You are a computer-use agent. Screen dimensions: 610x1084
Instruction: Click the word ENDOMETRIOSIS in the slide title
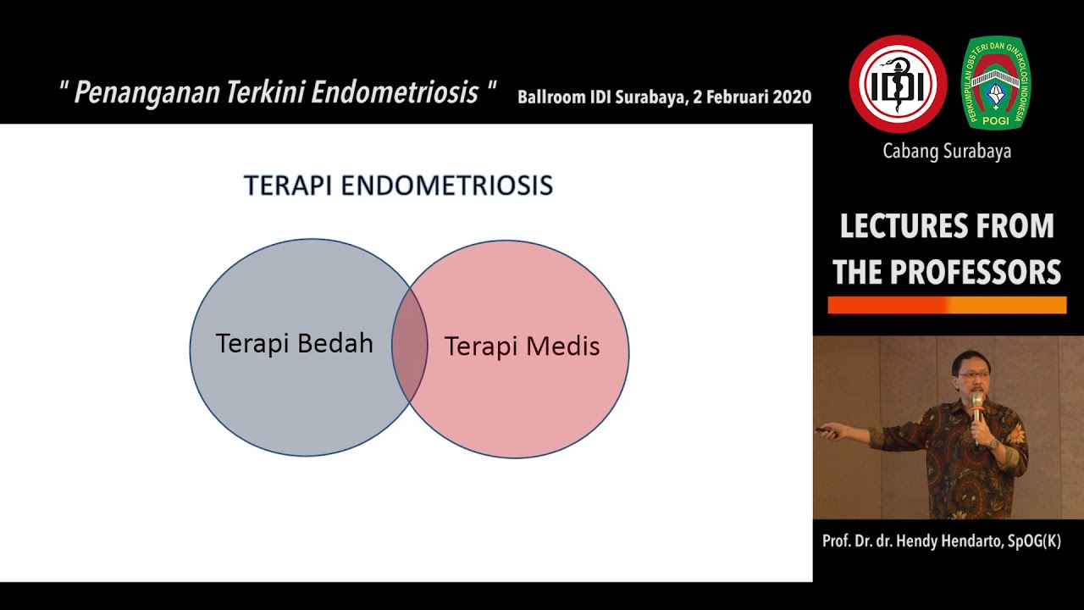coord(446,186)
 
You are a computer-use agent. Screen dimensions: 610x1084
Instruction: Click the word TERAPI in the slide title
coord(289,186)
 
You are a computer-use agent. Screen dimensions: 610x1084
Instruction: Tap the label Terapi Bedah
coord(294,343)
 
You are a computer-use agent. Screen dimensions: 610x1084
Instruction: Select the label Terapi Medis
coord(522,346)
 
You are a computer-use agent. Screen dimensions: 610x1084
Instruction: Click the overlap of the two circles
coord(410,347)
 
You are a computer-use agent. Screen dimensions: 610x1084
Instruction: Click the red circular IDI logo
coord(898,84)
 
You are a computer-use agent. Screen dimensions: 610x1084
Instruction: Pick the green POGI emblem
coord(996,83)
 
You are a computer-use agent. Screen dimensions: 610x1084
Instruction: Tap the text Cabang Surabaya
coord(947,152)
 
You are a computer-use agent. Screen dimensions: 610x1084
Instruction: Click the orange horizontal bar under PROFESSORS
coord(947,306)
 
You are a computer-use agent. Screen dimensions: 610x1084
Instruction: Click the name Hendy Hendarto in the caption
coord(948,541)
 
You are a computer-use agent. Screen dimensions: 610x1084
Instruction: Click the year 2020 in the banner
coord(791,97)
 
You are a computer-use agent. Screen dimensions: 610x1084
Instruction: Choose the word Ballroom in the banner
coord(551,97)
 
